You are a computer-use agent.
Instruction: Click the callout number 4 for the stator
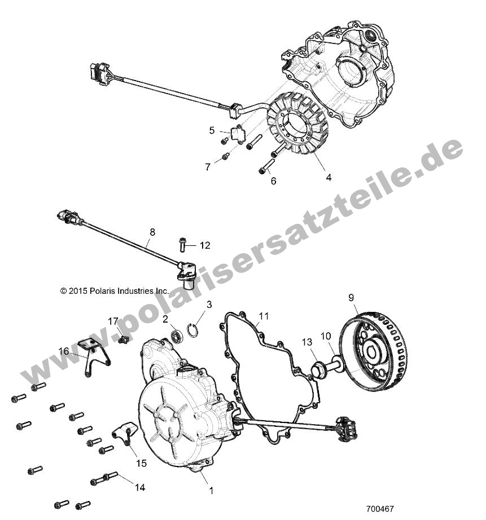coord(328,177)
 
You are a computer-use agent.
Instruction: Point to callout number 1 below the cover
coord(212,491)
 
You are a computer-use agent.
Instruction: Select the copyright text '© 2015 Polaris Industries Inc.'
coord(115,291)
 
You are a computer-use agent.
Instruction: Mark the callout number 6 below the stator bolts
coord(273,181)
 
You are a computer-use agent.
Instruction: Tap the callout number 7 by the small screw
coord(208,167)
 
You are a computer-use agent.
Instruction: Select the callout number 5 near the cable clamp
coord(212,130)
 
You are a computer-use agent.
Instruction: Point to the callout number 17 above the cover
coord(113,321)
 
